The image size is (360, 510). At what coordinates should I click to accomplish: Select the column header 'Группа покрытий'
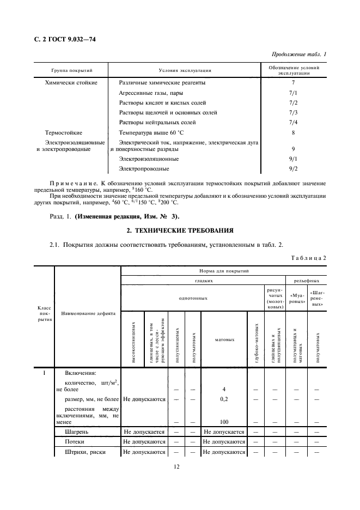(x=72, y=71)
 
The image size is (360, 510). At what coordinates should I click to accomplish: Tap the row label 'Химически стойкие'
(x=71, y=83)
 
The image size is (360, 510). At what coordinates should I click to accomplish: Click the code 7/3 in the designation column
(x=293, y=113)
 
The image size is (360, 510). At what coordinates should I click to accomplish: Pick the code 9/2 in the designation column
(x=293, y=169)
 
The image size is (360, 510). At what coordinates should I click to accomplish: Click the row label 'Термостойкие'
(x=64, y=132)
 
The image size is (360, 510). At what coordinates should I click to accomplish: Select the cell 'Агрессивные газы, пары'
(x=148, y=93)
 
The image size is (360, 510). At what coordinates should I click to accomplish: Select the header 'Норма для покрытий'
(x=223, y=271)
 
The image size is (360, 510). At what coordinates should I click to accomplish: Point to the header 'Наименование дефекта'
(x=87, y=314)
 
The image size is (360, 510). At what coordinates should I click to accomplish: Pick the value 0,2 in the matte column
(x=224, y=399)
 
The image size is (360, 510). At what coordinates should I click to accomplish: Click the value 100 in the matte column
(x=224, y=422)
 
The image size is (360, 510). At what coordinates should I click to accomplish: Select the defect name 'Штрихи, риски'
(x=84, y=452)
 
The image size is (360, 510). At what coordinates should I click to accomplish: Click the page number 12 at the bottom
(x=178, y=466)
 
